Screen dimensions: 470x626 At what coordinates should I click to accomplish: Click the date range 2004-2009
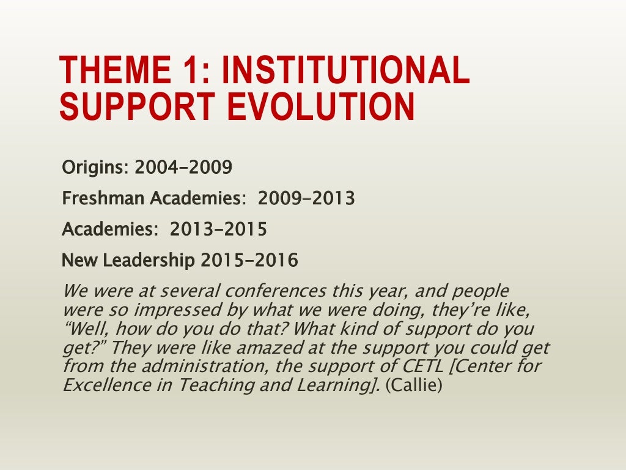point(183,167)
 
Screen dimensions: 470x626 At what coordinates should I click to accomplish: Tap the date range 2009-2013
point(306,198)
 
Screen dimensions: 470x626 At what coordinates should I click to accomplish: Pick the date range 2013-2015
point(218,229)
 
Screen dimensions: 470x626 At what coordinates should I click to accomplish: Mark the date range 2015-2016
point(249,261)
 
